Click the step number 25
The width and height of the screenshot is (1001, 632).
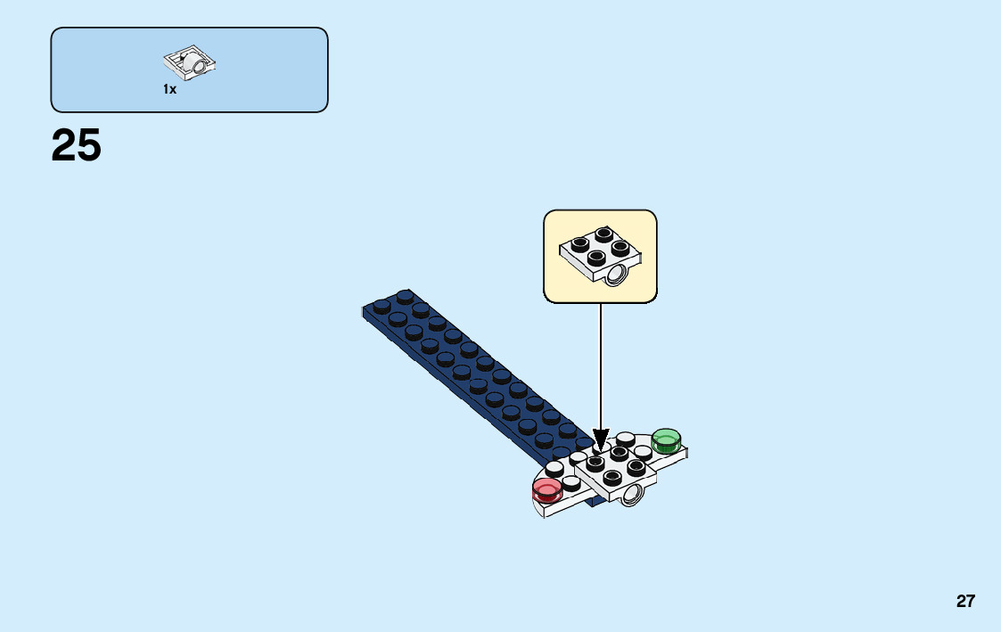77,145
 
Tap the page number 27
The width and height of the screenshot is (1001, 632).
965,601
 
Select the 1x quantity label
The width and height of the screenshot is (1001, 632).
169,89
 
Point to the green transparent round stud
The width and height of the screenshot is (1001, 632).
666,439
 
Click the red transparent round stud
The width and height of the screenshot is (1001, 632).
546,488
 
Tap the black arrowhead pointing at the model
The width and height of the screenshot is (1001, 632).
601,440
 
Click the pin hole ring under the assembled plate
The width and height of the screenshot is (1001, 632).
633,496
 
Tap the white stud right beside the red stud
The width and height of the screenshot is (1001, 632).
570,482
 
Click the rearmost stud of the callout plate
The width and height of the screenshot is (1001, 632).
604,234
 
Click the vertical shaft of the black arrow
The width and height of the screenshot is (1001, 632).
601,365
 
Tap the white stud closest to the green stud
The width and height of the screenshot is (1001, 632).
644,452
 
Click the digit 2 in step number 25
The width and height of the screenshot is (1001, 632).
63,145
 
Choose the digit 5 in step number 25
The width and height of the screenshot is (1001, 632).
89,145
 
